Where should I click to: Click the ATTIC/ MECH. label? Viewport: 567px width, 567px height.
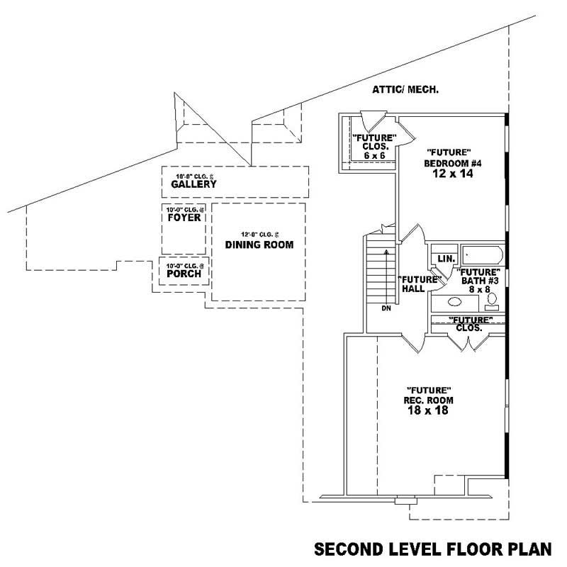point(406,90)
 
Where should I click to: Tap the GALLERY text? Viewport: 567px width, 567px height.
point(193,184)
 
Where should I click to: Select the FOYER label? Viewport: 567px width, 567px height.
point(184,218)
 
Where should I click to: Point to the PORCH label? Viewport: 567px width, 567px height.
point(184,274)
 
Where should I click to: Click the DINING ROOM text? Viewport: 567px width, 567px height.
point(259,245)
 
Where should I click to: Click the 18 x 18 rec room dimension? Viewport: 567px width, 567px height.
point(430,410)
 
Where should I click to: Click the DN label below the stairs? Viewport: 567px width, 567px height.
point(386,308)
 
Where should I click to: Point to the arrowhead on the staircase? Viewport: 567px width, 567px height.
point(386,251)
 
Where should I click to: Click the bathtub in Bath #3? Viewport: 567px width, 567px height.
point(481,254)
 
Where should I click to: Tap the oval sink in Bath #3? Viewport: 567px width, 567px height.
point(454,301)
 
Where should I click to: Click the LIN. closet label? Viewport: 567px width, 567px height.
point(446,259)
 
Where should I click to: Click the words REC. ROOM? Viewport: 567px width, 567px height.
point(430,400)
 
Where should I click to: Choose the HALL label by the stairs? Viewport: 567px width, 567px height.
point(412,289)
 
